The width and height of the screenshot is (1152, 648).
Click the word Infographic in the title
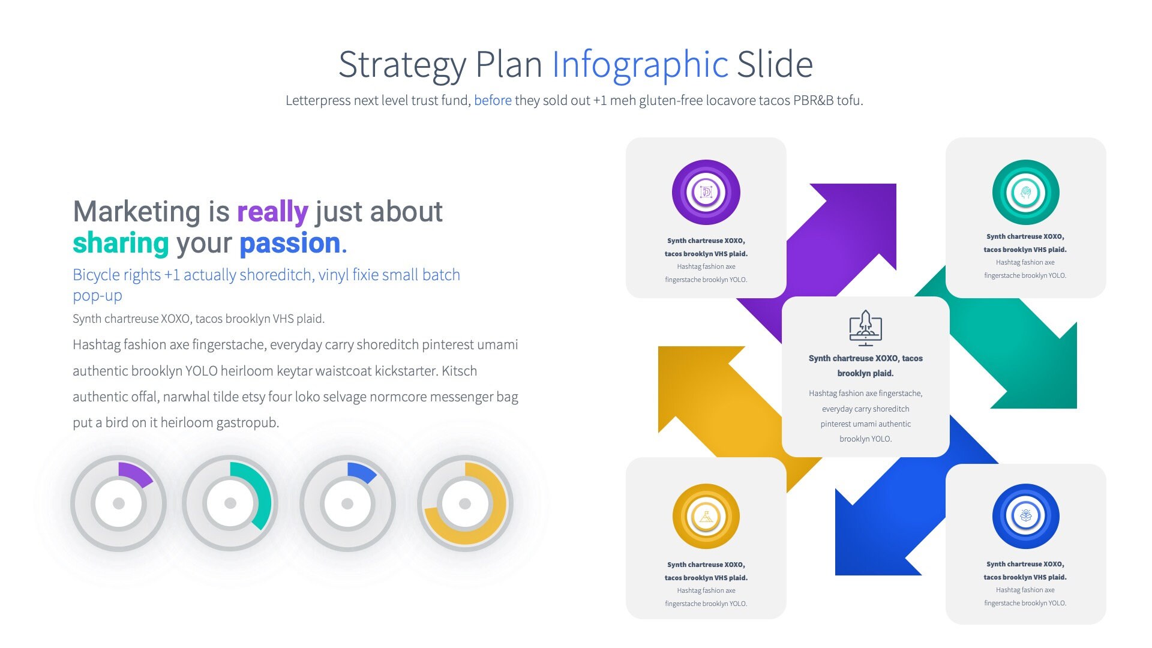[x=640, y=64]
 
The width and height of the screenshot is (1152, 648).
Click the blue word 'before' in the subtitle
[x=493, y=100]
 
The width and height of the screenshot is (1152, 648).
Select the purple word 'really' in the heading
[x=272, y=212]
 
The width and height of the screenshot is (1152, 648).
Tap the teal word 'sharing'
[x=121, y=243]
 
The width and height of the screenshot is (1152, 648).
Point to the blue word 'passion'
[x=290, y=243]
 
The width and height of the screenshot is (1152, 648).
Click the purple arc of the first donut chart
[x=135, y=473]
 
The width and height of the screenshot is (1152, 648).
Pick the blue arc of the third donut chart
[x=362, y=472]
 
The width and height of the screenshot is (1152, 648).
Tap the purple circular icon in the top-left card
[x=706, y=193]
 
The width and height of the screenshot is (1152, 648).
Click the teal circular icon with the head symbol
[x=1025, y=193]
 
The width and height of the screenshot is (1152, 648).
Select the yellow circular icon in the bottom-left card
[x=706, y=517]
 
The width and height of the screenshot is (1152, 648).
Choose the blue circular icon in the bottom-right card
[x=1025, y=516]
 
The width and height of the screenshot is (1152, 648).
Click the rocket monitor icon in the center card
[x=865, y=328]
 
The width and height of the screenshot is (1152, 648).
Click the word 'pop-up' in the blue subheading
[x=97, y=295]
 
